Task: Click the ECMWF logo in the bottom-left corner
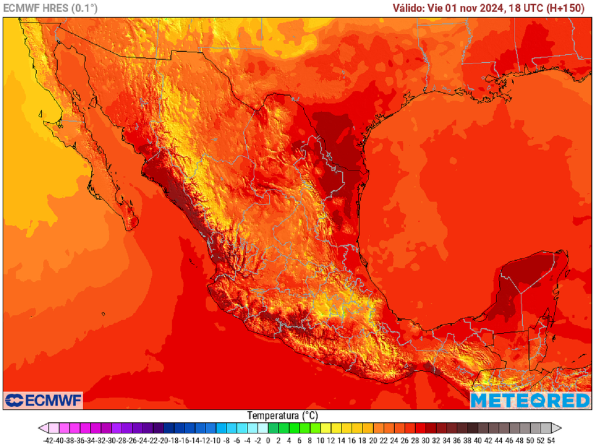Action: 44,400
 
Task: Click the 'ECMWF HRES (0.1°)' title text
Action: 51,8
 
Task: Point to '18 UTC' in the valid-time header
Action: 527,8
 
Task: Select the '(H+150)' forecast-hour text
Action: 568,8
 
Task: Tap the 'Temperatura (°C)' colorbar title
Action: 282,416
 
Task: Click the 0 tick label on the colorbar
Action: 268,440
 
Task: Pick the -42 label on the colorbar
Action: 48,440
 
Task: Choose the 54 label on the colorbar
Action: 551,440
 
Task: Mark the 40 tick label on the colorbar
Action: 477,440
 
